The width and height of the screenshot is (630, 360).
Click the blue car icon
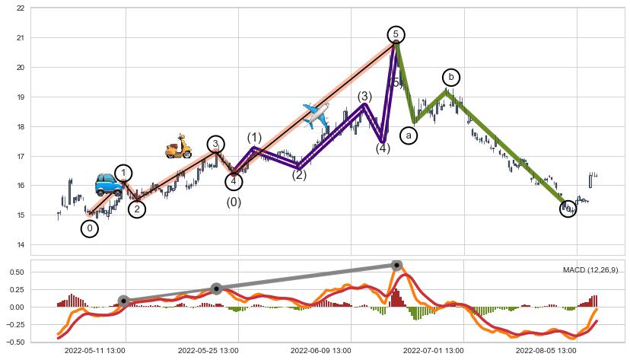[108, 184]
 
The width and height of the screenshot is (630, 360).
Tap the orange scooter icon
[179, 146]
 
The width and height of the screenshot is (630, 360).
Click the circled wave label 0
[90, 228]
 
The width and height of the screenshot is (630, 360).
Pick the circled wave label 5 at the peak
[396, 34]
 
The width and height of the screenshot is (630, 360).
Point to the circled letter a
[409, 135]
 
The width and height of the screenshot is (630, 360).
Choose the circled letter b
[451, 77]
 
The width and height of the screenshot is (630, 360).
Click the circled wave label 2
[137, 209]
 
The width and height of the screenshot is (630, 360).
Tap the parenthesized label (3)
[364, 97]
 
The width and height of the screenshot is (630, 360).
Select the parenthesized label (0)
[234, 202]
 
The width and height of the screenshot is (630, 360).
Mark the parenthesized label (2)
[299, 175]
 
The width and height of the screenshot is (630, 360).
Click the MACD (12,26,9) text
[590, 270]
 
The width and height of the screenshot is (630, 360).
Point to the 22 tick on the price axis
[19, 8]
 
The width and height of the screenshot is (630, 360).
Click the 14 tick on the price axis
[19, 244]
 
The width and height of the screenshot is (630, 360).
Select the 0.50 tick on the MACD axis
[15, 272]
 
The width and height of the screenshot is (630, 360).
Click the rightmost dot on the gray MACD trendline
[396, 265]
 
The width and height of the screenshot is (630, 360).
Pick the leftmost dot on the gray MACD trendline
[123, 301]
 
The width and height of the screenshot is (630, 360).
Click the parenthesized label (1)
[254, 138]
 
